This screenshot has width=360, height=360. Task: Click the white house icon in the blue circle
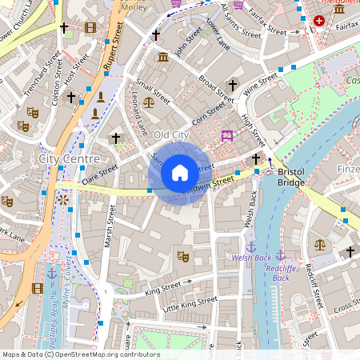[x=180, y=173]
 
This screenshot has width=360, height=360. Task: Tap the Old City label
[x=170, y=135]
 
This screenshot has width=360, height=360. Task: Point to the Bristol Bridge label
[x=291, y=178]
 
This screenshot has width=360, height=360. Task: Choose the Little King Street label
[x=190, y=303]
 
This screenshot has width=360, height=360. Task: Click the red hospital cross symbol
[x=320, y=20]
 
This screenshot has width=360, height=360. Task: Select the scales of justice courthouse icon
[x=320, y=244]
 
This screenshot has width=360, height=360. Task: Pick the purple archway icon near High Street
[x=227, y=136]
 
